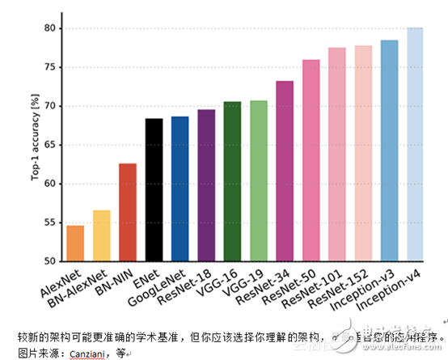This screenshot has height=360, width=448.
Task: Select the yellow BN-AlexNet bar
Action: [x=101, y=235]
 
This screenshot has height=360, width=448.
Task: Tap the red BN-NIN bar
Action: [x=127, y=212]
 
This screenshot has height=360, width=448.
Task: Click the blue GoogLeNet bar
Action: [x=180, y=188]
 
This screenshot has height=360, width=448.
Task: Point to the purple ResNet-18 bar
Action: [x=206, y=185]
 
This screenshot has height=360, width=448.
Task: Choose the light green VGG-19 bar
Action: [x=259, y=180]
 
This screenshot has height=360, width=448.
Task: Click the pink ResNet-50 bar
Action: [x=311, y=160]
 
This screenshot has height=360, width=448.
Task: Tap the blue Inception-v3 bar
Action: [x=389, y=150]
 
